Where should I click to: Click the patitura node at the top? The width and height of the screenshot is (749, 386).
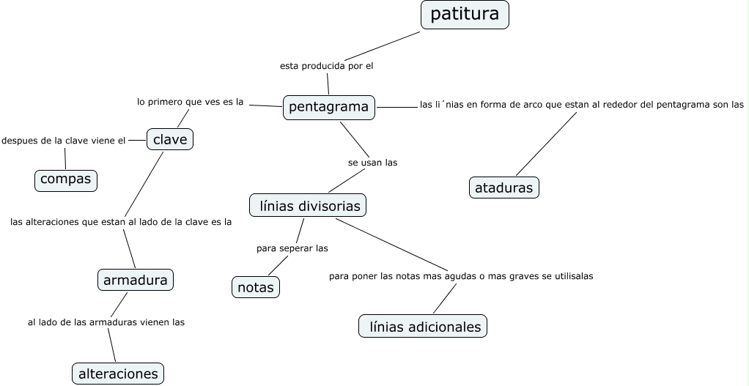[465, 15]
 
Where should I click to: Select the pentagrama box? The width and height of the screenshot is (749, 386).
[328, 107]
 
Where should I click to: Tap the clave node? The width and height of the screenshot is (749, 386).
[169, 138]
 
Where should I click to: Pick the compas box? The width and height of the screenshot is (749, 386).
[66, 179]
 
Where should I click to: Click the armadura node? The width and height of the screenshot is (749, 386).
[136, 279]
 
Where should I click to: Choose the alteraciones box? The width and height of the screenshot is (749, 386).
[117, 373]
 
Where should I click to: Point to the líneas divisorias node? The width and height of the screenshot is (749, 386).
[308, 206]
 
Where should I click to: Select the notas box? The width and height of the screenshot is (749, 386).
[256, 287]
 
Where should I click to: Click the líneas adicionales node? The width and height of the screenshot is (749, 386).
[423, 326]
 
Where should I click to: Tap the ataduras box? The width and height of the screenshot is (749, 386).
[503, 188]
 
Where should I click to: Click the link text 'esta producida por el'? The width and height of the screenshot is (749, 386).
[327, 66]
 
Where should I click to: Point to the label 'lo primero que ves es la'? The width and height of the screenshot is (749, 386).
[190, 102]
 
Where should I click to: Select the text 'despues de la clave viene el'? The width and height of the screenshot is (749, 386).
[64, 141]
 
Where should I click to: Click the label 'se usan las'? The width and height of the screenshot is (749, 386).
[372, 163]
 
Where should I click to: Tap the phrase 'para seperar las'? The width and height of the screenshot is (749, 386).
[292, 248]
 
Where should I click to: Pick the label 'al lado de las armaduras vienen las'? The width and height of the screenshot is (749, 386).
[106, 322]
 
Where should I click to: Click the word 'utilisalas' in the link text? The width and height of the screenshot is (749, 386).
[572, 276]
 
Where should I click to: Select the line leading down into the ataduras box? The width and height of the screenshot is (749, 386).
[546, 144]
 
